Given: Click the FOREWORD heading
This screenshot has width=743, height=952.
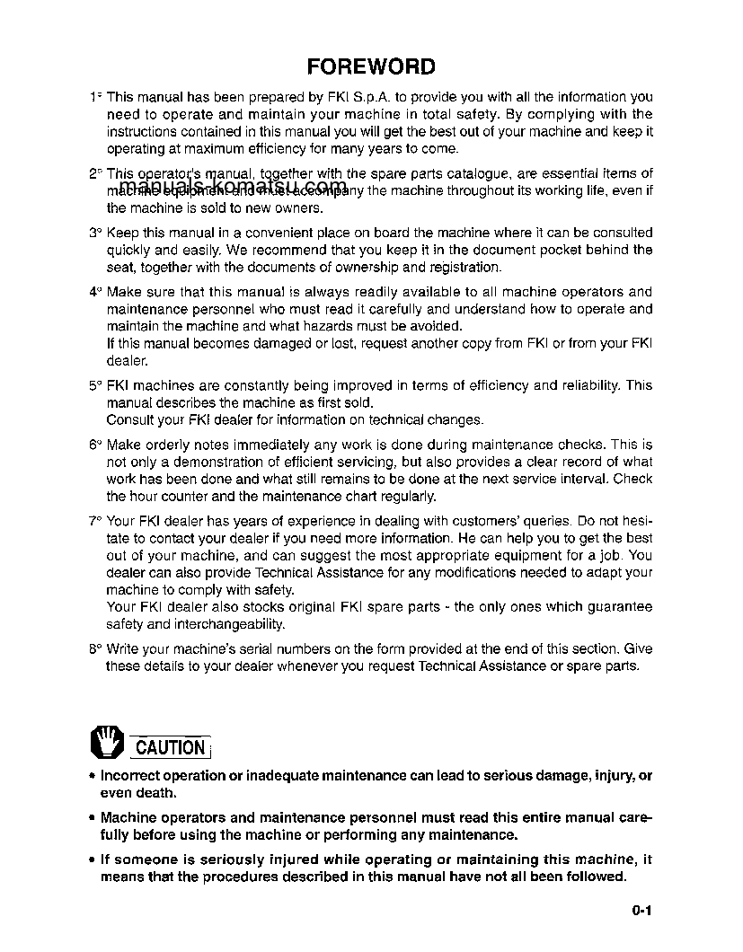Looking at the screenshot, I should click(371, 67).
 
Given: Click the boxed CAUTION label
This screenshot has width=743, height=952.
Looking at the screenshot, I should click(171, 746).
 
